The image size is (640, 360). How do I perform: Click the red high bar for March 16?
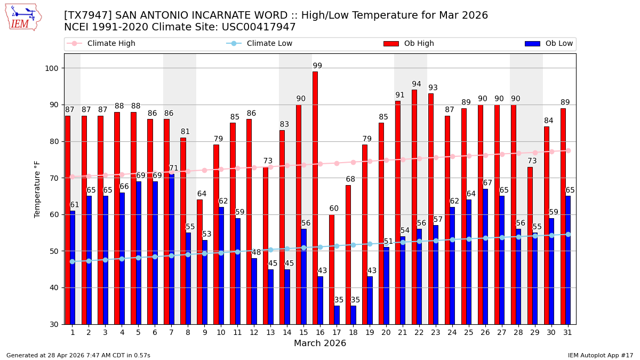[315, 197]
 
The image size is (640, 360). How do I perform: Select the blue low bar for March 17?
[337, 315]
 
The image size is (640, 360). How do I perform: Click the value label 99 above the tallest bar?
[317, 66]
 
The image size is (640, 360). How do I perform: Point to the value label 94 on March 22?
[417, 84]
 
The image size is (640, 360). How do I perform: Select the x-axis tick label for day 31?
[565, 332]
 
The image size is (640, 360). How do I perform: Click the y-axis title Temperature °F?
[37, 189]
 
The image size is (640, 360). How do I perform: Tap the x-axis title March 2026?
[320, 343]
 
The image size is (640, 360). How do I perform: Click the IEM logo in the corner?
[23, 17]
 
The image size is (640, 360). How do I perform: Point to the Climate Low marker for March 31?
[568, 234]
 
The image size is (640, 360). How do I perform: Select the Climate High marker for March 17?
[337, 163]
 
